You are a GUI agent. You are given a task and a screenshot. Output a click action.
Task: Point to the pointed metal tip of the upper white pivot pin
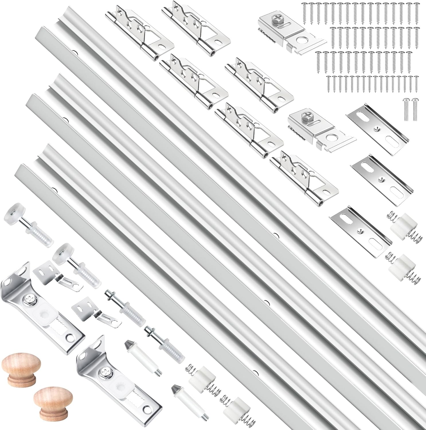tap(127, 345)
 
